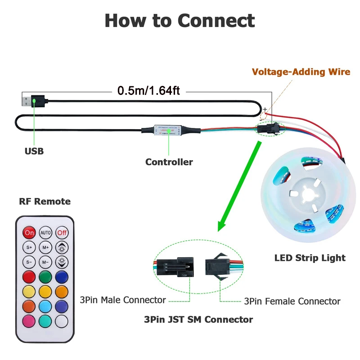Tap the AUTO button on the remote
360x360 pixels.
45,233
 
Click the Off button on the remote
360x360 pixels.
62,233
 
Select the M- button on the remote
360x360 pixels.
45,261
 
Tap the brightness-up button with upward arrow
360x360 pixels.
62,247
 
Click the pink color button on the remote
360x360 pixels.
29,321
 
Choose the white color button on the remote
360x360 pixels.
62,321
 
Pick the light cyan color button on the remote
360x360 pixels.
45,306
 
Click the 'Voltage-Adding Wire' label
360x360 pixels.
301,72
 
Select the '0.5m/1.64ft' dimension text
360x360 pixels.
148,91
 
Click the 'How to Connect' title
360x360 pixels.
180,21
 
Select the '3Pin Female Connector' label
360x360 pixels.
292,301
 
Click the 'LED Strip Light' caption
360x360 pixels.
310,258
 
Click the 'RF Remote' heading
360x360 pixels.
45,201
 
